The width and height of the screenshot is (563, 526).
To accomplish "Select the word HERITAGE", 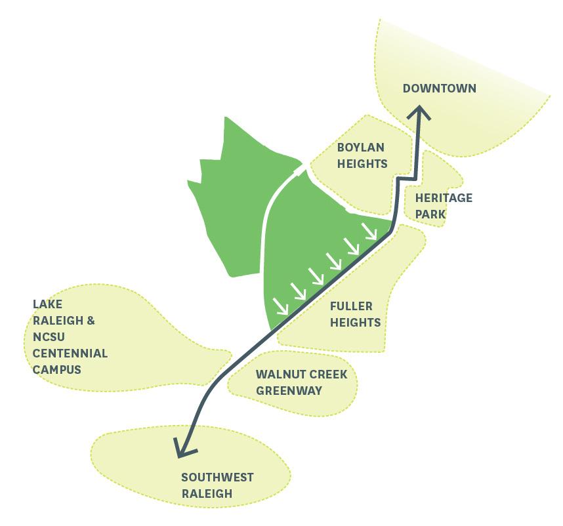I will [444, 197].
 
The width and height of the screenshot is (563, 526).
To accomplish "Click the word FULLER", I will [351, 306].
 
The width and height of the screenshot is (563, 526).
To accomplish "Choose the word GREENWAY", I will [289, 391].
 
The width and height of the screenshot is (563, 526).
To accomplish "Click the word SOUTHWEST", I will [217, 477].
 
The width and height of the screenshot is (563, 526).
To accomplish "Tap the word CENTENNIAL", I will [70, 353].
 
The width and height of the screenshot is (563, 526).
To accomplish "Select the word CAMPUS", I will [57, 369].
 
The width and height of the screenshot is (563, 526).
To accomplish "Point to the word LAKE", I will [47, 304].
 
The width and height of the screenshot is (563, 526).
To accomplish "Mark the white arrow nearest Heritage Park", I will [369, 231].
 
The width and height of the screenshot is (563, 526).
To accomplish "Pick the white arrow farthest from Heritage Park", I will [281, 306].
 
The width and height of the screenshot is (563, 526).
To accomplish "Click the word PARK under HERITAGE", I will [430, 214].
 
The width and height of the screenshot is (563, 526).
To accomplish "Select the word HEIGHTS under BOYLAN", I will [362, 164].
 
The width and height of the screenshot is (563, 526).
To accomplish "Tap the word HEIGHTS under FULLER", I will [355, 322].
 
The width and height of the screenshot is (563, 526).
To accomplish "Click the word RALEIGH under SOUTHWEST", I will [207, 494].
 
